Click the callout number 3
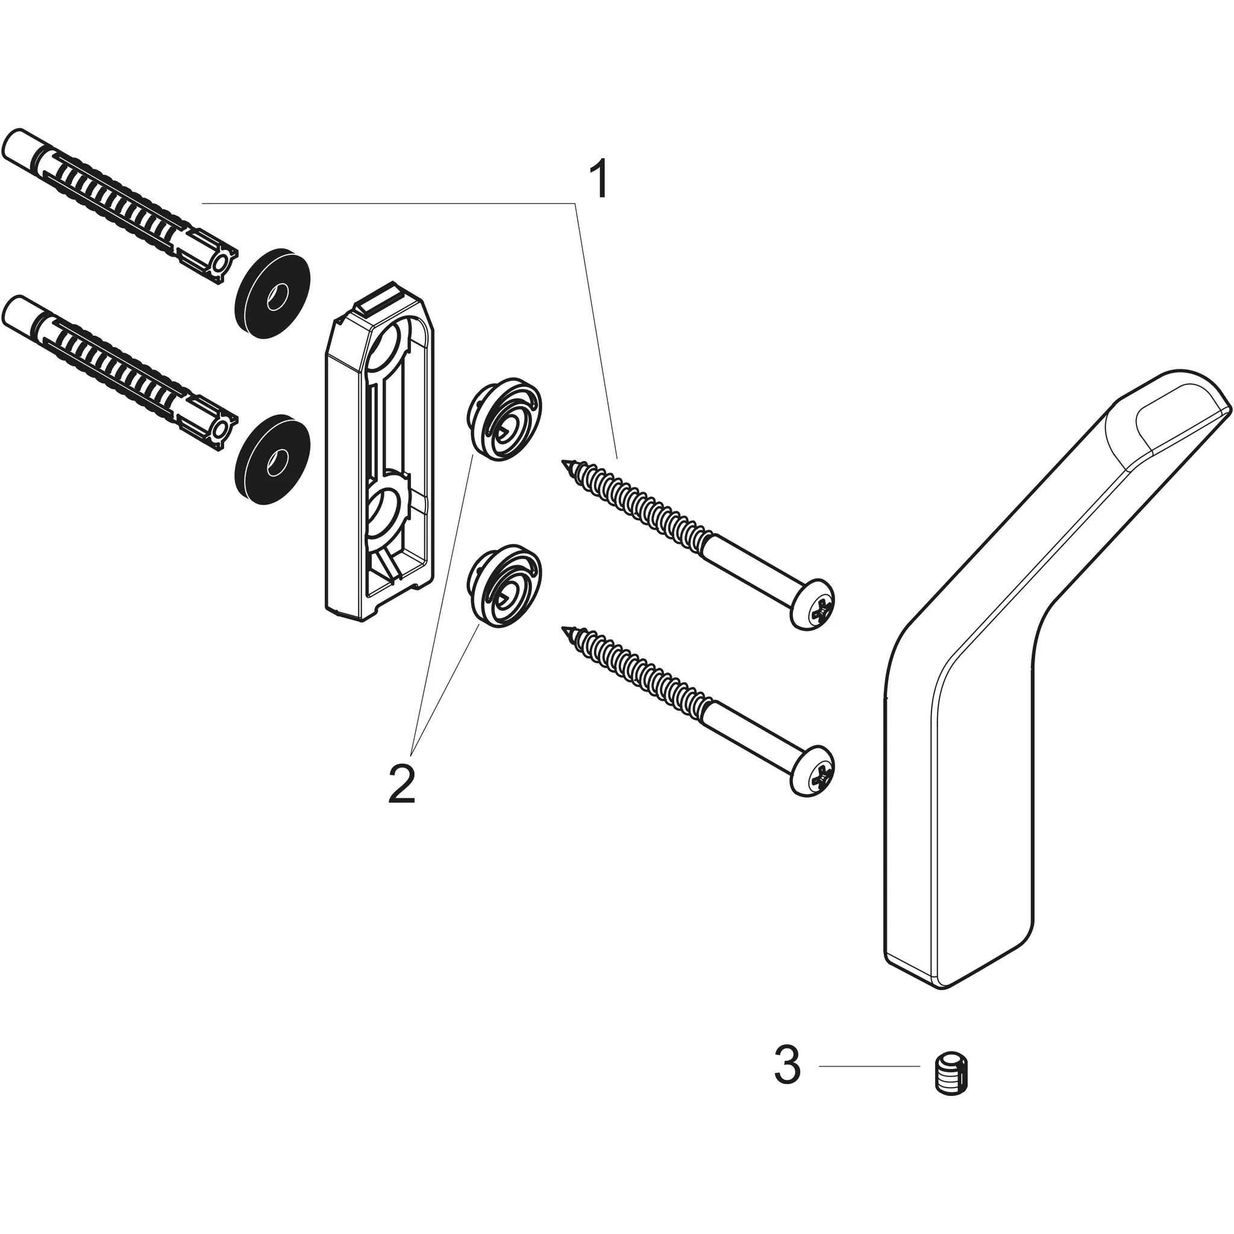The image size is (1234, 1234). (x=787, y=1065)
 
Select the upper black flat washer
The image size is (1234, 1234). (x=273, y=292)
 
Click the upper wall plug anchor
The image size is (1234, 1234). (x=115, y=203)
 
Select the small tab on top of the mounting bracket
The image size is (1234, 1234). (x=382, y=298)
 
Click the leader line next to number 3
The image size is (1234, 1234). (x=869, y=1066)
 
